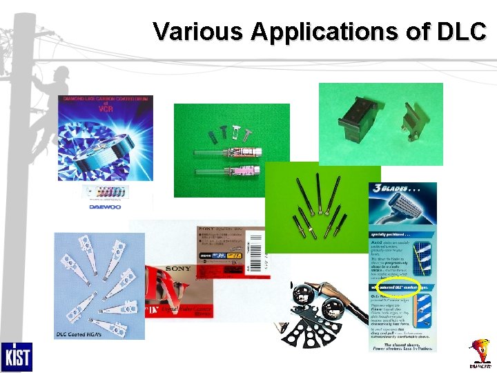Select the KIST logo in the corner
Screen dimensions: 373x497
(x=16, y=357)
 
